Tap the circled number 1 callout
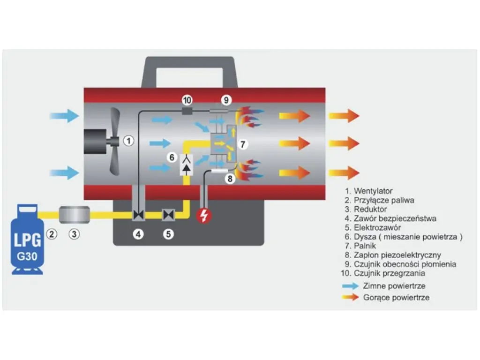129,140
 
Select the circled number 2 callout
52,233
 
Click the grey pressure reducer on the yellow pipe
75,215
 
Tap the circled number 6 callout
172,158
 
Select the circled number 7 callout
242,143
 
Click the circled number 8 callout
229,179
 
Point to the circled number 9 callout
226,100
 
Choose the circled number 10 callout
187,100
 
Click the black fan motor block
96,141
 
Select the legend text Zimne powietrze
394,286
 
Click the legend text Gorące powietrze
396,298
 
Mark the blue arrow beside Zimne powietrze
350,286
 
